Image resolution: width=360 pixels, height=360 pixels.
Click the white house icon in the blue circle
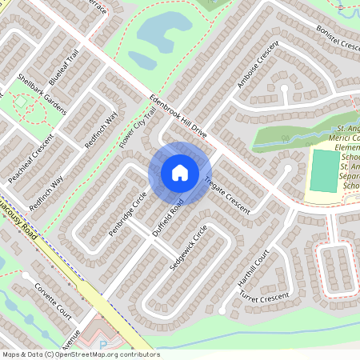pos(179,172)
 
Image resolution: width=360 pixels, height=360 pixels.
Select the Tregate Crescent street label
pos(228,194)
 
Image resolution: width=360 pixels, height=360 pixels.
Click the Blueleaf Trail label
pos(63,68)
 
